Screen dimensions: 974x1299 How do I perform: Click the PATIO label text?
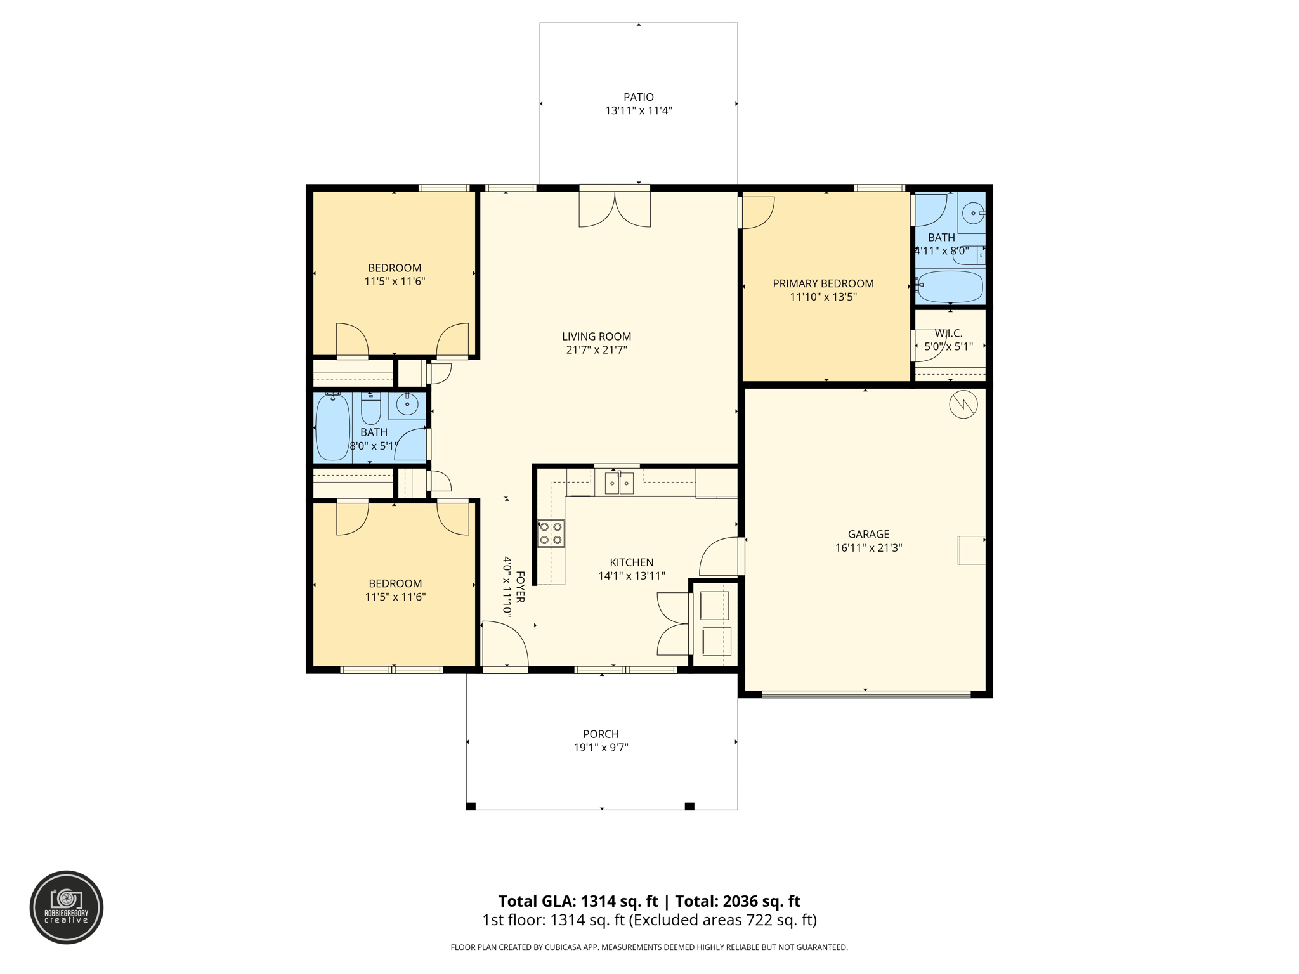(638, 97)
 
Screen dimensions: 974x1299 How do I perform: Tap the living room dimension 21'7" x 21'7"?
(596, 350)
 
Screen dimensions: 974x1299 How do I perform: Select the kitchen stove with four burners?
(551, 533)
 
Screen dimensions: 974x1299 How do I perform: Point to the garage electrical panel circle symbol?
(963, 405)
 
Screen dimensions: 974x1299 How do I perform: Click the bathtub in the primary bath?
(950, 287)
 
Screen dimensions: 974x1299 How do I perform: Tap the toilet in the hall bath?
(370, 409)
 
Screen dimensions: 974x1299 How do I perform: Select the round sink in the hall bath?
(407, 404)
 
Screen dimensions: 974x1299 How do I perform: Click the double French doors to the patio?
(615, 208)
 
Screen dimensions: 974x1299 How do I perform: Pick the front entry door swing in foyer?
(505, 644)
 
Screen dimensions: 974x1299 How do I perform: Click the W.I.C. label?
(948, 334)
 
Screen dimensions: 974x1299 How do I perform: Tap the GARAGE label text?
(868, 534)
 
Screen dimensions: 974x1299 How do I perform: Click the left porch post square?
(471, 806)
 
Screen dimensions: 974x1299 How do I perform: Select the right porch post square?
(689, 806)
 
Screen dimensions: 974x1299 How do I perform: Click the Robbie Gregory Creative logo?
(67, 907)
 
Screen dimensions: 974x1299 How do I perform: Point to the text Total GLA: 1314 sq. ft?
(578, 901)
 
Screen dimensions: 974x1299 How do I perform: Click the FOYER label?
(520, 587)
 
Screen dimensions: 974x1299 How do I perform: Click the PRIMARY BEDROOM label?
(823, 283)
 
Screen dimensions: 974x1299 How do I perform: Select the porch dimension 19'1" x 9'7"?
(601, 748)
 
